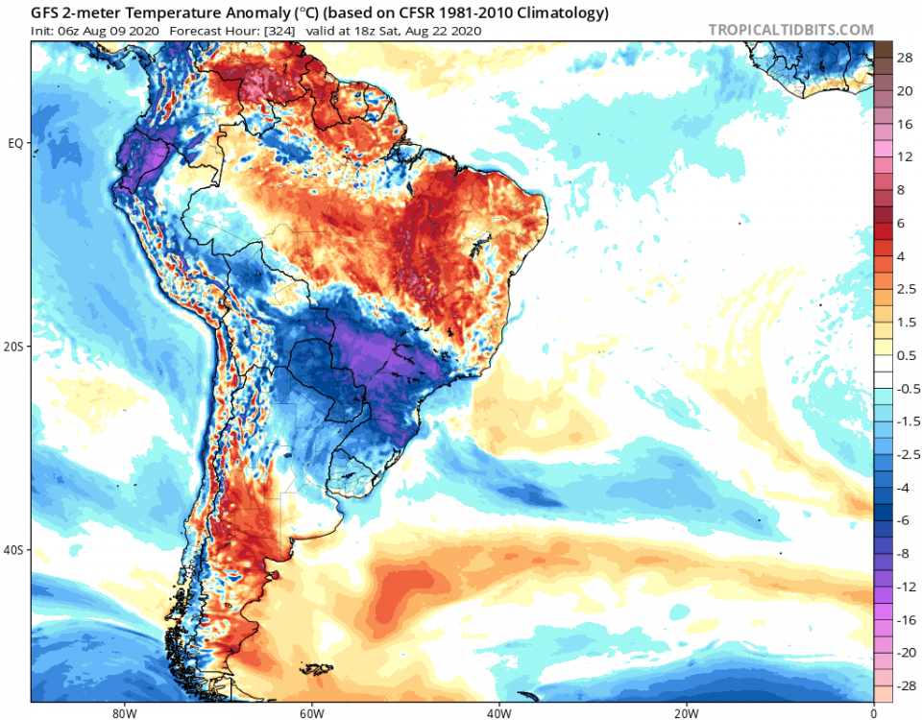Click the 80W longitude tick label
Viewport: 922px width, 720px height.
(x=121, y=712)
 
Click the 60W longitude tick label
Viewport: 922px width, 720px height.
(x=309, y=712)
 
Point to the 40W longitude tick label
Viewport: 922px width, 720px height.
(x=497, y=712)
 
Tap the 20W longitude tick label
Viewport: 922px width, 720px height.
(x=685, y=712)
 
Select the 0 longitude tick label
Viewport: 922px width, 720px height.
(x=873, y=712)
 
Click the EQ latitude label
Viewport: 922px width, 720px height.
(x=16, y=143)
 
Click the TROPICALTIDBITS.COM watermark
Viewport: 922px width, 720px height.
(x=790, y=30)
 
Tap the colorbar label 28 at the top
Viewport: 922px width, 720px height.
(x=905, y=59)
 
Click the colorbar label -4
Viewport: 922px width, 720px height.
(x=904, y=488)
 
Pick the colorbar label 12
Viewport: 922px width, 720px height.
(x=905, y=156)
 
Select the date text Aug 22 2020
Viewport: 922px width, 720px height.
(x=446, y=31)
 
